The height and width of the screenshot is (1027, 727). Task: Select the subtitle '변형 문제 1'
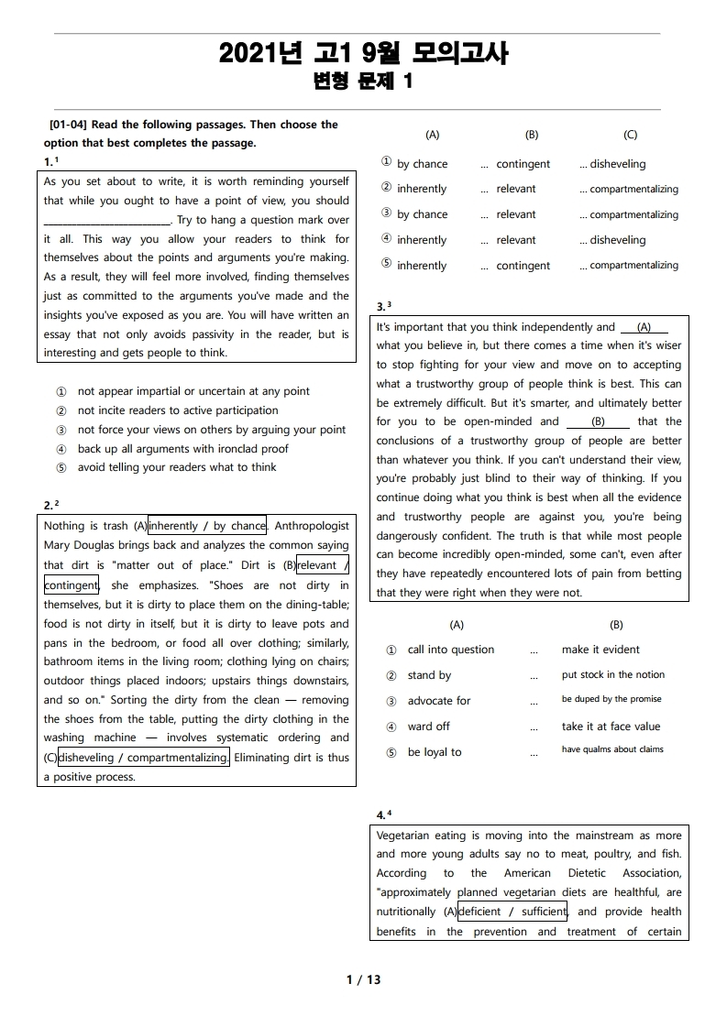tap(363, 82)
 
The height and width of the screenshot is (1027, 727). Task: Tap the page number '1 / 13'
tap(363, 979)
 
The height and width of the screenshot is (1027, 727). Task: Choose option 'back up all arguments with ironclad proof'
tap(182, 449)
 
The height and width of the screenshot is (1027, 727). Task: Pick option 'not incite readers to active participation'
tap(178, 410)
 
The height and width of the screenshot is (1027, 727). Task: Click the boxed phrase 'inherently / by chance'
tap(207, 526)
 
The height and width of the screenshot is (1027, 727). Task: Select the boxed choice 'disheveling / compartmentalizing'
tap(144, 758)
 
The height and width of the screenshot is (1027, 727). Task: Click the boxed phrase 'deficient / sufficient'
tap(512, 912)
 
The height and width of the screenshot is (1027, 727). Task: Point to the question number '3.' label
tap(381, 306)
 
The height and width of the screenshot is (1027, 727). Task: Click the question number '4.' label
tap(381, 814)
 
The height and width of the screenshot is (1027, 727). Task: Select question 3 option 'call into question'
tap(450, 650)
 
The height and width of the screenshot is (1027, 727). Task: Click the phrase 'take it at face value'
tap(611, 727)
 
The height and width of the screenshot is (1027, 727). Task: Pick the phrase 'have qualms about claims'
tap(612, 749)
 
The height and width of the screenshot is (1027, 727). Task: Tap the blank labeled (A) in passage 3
tap(644, 327)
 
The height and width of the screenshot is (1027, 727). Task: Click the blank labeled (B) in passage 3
tap(598, 422)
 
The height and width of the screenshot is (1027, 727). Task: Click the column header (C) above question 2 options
tap(630, 135)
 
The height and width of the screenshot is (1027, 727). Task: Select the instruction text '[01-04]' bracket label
tap(69, 125)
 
